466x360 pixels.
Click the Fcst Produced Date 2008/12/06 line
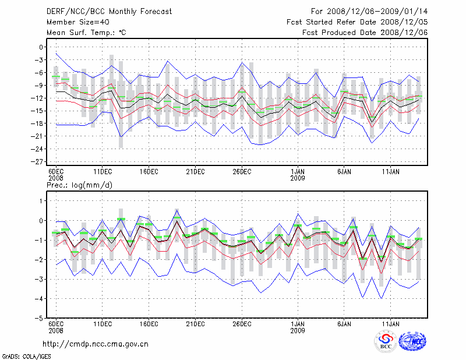(365, 33)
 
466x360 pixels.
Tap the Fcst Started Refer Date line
(357, 22)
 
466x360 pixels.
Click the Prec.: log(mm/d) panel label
(81, 185)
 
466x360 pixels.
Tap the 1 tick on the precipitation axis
(41, 200)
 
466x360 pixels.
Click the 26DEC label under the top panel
(242, 172)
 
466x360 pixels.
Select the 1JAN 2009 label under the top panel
(298, 175)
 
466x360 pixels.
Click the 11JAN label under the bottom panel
(390, 324)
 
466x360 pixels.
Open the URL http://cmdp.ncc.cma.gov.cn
(96, 344)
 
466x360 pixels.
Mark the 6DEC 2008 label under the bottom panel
(56, 327)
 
